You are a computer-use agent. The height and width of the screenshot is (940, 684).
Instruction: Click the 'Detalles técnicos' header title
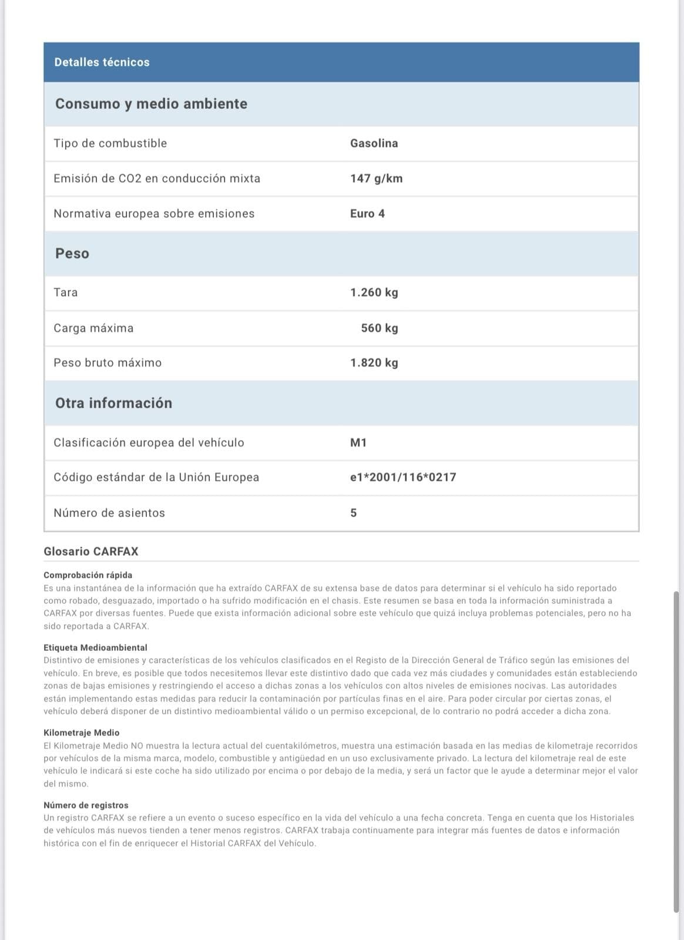pyautogui.click(x=102, y=62)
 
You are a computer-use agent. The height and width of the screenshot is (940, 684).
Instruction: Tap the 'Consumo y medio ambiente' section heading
pyautogui.click(x=151, y=104)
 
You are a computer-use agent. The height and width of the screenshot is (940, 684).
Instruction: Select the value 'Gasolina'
pyautogui.click(x=374, y=143)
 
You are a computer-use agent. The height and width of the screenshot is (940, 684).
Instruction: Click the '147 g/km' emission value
pyautogui.click(x=376, y=179)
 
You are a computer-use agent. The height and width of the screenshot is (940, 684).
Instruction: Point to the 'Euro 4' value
pyautogui.click(x=367, y=214)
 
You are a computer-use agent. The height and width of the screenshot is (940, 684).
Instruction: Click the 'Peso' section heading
pyautogui.click(x=72, y=254)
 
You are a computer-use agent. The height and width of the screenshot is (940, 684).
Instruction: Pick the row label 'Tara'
pyautogui.click(x=65, y=293)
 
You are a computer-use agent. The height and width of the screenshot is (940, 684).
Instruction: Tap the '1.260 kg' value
pyautogui.click(x=374, y=293)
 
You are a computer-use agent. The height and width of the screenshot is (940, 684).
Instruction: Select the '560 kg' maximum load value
pyautogui.click(x=379, y=328)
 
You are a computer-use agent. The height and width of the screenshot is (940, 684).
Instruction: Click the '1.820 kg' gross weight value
pyautogui.click(x=374, y=363)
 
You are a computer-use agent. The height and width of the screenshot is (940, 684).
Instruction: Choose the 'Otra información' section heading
pyautogui.click(x=113, y=403)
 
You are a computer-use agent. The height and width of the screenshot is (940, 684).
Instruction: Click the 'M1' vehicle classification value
pyautogui.click(x=358, y=442)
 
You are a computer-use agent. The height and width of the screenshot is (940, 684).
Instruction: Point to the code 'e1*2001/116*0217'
pyautogui.click(x=403, y=477)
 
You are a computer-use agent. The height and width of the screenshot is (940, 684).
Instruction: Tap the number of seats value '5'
pyautogui.click(x=353, y=513)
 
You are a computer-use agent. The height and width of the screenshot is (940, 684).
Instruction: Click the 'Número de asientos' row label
pyautogui.click(x=109, y=513)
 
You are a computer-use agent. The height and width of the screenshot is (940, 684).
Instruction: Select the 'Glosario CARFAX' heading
pyautogui.click(x=90, y=552)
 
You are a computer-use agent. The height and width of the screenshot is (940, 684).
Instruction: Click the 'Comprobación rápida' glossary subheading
pyautogui.click(x=88, y=575)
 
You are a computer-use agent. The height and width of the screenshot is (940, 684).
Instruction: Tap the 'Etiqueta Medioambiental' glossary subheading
pyautogui.click(x=95, y=647)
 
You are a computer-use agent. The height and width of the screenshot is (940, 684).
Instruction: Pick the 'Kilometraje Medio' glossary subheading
pyautogui.click(x=81, y=733)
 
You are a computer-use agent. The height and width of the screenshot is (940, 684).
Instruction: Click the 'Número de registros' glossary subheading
pyautogui.click(x=86, y=805)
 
